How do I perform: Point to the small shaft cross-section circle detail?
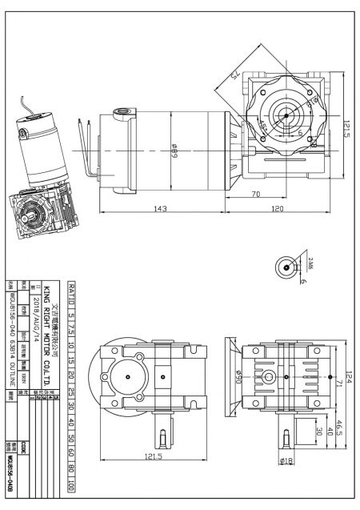[287, 270]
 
